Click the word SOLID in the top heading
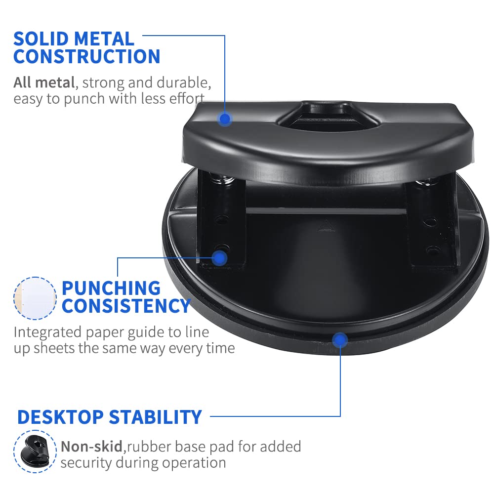pos(41,39)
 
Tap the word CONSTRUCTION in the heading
pos(87,57)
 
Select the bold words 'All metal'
pos(44,82)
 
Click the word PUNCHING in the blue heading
pos(111,288)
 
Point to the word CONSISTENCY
pos(126,306)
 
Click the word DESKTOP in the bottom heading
pos(60,417)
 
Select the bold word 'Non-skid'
pos(91,447)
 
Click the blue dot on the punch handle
pos(225,119)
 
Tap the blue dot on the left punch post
pos(220,258)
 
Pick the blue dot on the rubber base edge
pos(340,340)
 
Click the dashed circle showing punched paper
pos(35,298)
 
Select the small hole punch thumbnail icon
pos(35,452)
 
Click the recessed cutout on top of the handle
pos(326,115)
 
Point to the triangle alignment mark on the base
pos(326,226)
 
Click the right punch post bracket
pos(433,224)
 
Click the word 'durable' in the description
pos(184,82)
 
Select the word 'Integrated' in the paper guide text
pos(47,332)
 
